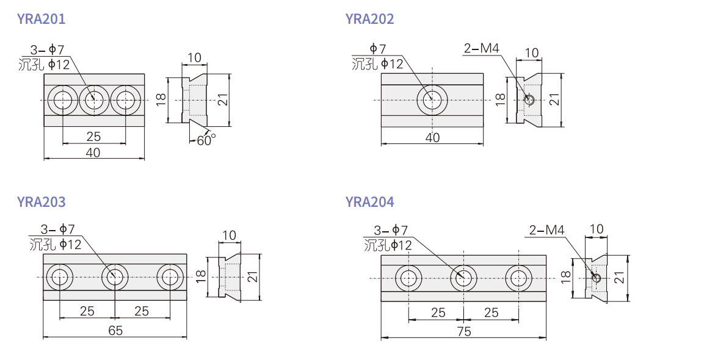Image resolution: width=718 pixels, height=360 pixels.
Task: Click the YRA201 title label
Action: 42,19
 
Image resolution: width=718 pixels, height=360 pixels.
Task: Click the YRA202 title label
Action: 369,19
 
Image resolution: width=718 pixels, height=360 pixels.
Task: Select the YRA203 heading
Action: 42,202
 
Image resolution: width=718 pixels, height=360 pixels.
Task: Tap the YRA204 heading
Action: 369,202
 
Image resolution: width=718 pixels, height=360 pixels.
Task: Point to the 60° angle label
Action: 206,140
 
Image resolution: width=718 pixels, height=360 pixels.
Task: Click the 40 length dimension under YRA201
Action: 93,153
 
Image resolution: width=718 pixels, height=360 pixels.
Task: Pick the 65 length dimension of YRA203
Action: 115,330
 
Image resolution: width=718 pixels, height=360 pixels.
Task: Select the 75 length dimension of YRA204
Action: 464,331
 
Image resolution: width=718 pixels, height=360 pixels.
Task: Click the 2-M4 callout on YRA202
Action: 481,48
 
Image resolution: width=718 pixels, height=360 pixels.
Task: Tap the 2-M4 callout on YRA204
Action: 547,229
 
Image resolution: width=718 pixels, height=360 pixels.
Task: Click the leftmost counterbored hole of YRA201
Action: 62,100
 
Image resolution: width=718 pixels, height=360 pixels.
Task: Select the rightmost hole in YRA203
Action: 170,277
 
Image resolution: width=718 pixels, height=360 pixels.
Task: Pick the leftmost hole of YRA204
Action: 409,278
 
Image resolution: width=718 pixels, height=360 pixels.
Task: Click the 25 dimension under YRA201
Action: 93,136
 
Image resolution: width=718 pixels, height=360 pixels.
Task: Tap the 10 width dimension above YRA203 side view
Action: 229,235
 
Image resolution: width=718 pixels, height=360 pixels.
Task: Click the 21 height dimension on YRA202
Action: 554,99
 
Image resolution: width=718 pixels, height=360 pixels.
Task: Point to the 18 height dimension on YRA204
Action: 565,276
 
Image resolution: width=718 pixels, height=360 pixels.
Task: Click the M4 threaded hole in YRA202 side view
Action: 528,99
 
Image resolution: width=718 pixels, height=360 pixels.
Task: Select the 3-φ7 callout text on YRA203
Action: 57,229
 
